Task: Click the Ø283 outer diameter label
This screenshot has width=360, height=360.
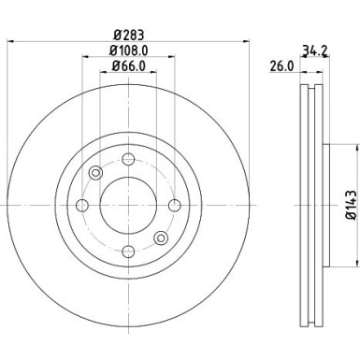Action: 128,37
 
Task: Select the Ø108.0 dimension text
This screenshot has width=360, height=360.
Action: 128,51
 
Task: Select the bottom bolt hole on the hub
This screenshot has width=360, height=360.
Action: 128,251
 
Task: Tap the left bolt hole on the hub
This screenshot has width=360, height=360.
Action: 82,205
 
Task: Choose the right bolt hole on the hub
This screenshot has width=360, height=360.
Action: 174,205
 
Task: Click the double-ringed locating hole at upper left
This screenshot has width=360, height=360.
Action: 95,172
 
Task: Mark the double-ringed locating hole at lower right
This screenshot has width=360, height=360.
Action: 161,238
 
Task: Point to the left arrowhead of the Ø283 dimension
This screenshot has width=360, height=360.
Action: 10,43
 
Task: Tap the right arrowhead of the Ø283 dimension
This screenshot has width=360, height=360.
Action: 247,43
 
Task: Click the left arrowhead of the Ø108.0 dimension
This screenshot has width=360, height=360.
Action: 85,57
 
